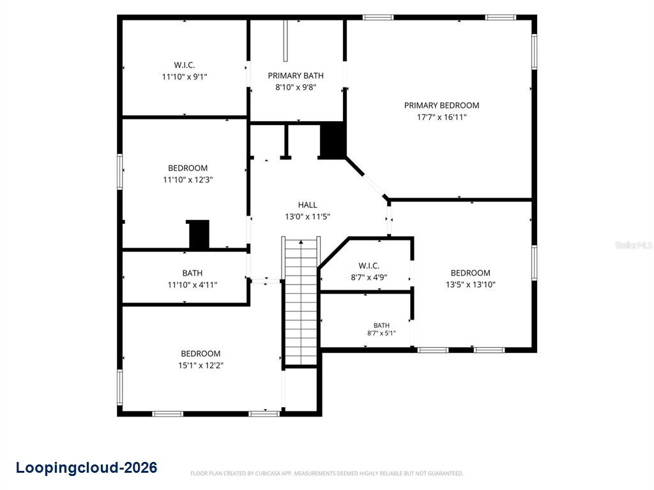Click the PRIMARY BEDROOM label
tap(441, 105)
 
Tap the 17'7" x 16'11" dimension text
tap(442, 117)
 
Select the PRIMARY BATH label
tap(296, 75)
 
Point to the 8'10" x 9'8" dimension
tap(296, 87)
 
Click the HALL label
tap(307, 205)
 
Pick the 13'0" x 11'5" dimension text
tap(307, 216)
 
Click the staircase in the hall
tap(301, 302)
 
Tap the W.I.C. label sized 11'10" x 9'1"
tap(185, 65)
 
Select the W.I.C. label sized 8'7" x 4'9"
tap(369, 266)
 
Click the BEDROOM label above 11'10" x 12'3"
tap(188, 168)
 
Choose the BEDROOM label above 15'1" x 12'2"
tap(201, 353)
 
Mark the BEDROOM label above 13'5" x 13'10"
tap(471, 273)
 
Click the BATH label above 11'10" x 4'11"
tap(192, 273)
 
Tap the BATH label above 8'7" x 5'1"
tap(381, 325)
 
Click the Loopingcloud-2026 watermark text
tap(86, 468)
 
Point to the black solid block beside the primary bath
tap(333, 140)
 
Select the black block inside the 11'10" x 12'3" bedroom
tap(199, 235)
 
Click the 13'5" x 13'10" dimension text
tap(471, 285)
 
